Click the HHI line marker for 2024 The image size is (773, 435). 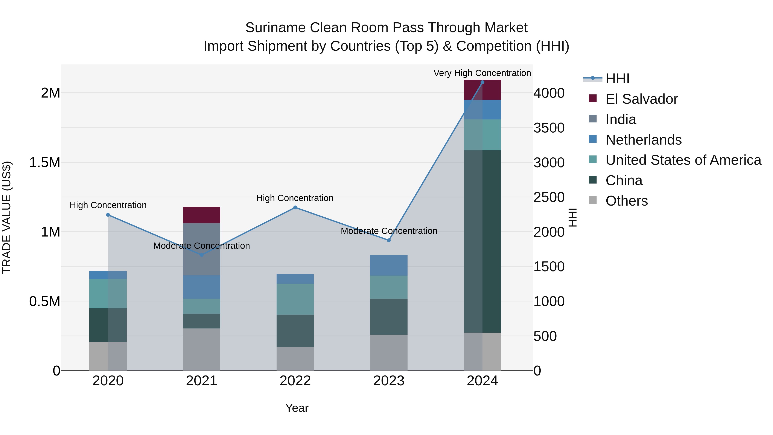click(482, 82)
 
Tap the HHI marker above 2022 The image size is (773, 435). click(295, 208)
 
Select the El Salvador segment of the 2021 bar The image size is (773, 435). click(201, 215)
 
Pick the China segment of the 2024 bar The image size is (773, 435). click(482, 241)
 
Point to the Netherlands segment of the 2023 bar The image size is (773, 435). click(389, 265)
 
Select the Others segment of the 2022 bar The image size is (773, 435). click(295, 359)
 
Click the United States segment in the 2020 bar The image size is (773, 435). click(108, 294)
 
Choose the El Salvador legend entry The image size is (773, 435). click(641, 99)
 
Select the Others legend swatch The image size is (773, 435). click(593, 200)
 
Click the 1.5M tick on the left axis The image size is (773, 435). click(44, 162)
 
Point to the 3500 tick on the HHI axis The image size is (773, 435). click(549, 128)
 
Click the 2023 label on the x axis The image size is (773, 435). click(389, 381)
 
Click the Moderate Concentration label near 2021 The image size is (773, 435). click(201, 246)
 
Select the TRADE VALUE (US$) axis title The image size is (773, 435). click(7, 217)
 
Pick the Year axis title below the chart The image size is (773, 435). click(297, 408)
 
